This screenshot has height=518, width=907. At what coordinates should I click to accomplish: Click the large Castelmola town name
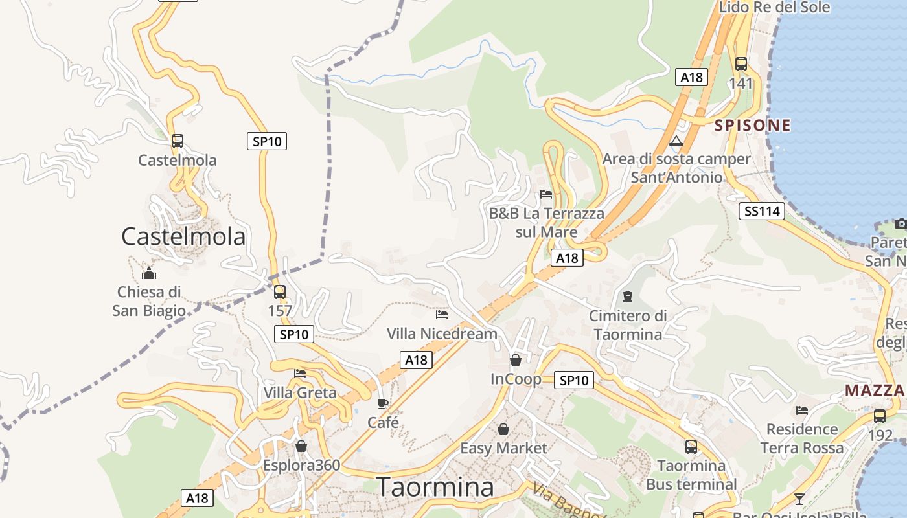pos(183,236)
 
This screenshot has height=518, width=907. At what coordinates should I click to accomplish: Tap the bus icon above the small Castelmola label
pos(177,141)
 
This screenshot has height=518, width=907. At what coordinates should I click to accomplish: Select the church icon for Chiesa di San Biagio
pos(149,273)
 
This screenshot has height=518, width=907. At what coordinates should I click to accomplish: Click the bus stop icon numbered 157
pos(280,291)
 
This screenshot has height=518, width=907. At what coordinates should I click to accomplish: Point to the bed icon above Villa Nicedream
pos(442,315)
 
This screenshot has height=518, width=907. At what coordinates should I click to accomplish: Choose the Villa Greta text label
pos(300,392)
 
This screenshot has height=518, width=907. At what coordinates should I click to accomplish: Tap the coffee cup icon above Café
pos(383,404)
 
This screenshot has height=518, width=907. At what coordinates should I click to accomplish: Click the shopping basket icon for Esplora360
pos(301,446)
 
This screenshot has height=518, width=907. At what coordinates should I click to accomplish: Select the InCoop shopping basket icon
pos(516,360)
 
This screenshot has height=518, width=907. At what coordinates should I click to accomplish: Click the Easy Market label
pos(503,448)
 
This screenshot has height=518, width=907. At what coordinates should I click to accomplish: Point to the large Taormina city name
pos(435,487)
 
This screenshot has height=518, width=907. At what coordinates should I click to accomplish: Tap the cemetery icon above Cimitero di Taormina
pos(627,297)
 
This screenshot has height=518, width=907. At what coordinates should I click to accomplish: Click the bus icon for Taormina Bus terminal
pos(691,447)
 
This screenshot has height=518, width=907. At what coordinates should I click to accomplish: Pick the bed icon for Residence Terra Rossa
pos(802,410)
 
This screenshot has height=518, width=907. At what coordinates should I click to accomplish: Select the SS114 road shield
pos(762,210)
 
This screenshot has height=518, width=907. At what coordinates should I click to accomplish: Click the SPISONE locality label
pos(753,126)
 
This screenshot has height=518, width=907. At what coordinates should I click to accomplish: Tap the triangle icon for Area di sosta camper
pos(676,141)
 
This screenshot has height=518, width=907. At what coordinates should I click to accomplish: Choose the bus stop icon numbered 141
pos(741,64)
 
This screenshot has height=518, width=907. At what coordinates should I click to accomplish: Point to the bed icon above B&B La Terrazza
pos(546,194)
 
